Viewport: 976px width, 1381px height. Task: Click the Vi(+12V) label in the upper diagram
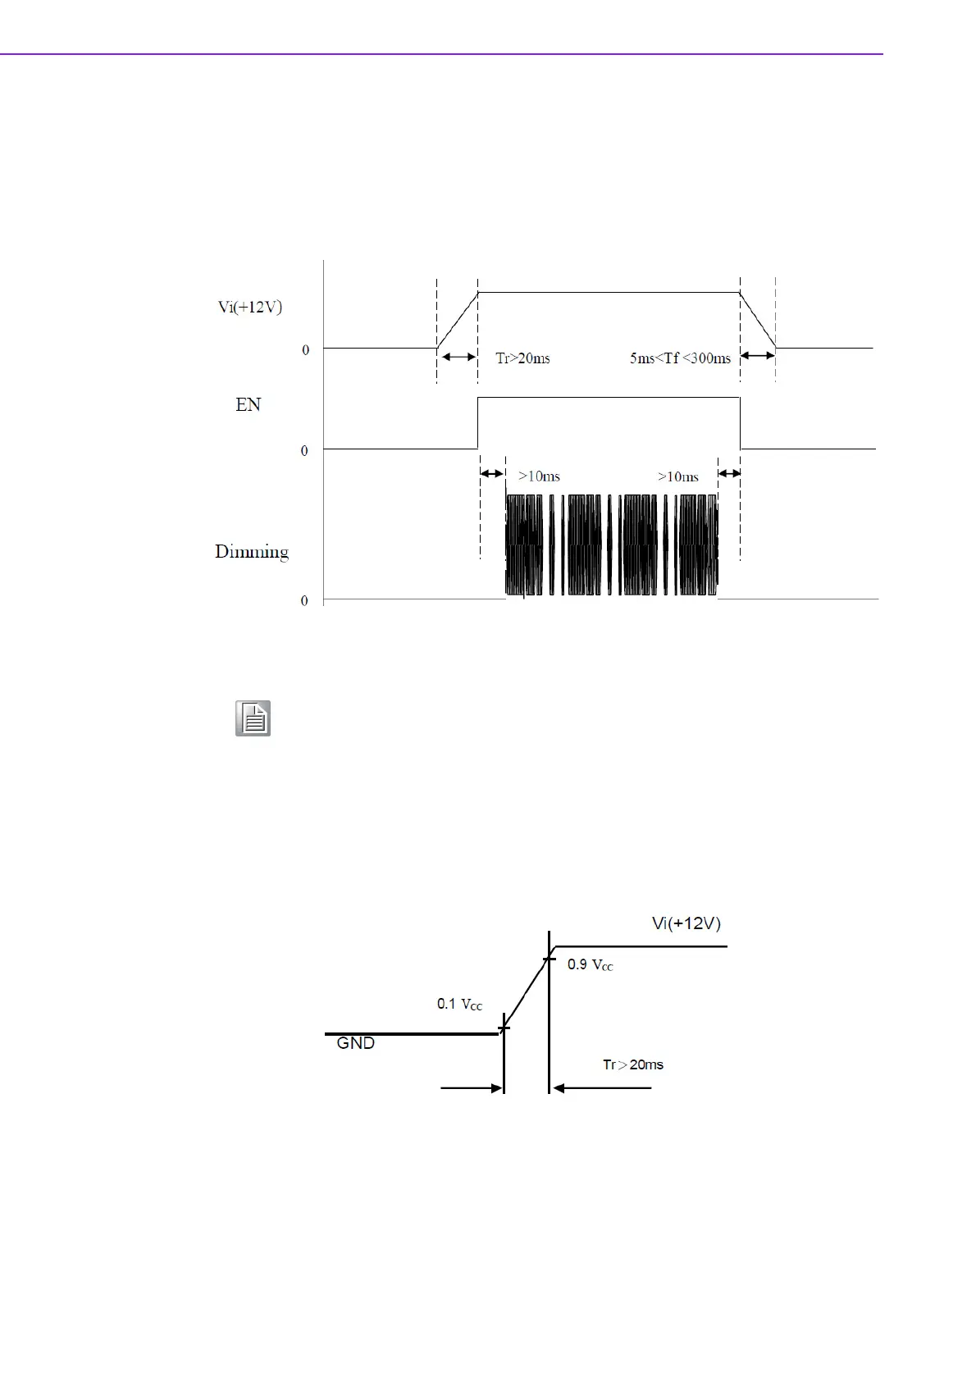coord(250,308)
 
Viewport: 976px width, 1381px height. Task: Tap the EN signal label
coord(248,404)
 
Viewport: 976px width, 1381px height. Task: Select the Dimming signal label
coord(252,551)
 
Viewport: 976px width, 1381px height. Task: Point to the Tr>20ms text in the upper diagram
coord(522,358)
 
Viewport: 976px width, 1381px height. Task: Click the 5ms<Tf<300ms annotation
coord(680,358)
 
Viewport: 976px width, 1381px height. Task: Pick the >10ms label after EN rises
coord(539,476)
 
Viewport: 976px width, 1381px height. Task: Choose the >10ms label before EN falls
coord(678,476)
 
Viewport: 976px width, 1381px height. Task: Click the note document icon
coord(253,718)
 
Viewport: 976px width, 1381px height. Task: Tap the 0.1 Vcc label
coord(459,1004)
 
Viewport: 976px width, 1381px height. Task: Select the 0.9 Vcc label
coord(591,965)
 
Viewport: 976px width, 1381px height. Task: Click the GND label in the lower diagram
coord(356,1043)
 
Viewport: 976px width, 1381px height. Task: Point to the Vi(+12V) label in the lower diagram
coord(686,923)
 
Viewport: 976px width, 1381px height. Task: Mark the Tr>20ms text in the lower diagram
coord(633,1064)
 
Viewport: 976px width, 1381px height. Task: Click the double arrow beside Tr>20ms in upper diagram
coord(458,357)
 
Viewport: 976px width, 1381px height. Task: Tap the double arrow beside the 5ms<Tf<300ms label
coord(757,356)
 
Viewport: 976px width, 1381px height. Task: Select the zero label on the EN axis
coord(304,451)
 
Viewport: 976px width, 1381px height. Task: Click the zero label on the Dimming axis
coord(304,601)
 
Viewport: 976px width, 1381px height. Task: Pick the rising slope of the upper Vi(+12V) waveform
coord(458,320)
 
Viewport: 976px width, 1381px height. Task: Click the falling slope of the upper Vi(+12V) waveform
coord(758,320)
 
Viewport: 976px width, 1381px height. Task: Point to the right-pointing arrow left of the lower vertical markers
coord(472,1088)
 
